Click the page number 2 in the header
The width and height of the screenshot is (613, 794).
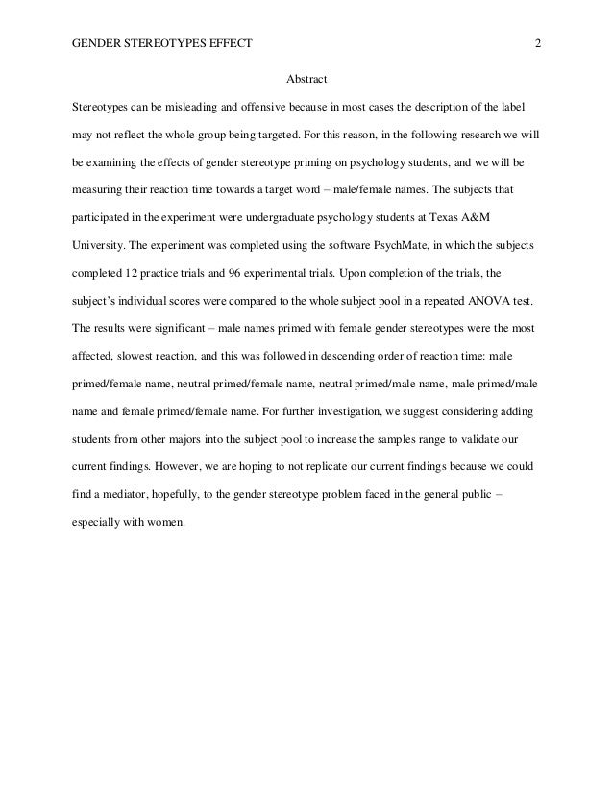(x=538, y=44)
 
